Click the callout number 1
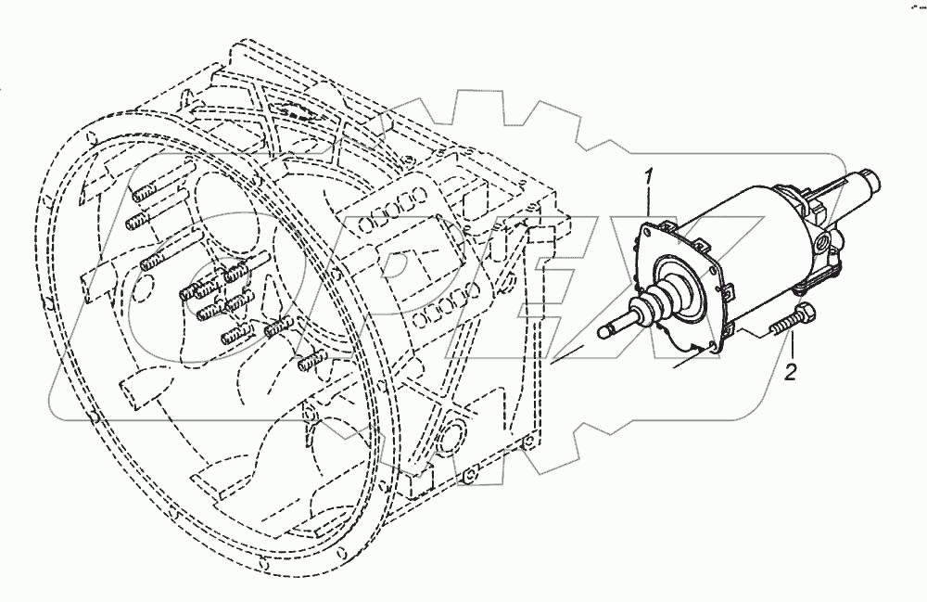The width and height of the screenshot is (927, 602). click(651, 175)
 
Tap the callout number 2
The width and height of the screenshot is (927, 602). click(790, 373)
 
